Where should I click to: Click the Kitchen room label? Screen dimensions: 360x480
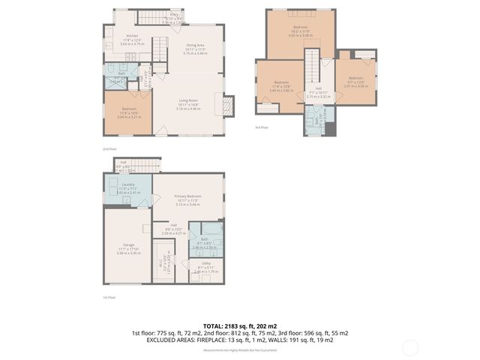pyautogui.click(x=131, y=36)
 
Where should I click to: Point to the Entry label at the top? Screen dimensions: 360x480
pyautogui.click(x=174, y=14)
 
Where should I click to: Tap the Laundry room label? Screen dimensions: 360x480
pyautogui.click(x=128, y=184)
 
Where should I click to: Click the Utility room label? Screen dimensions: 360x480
pyautogui.click(x=205, y=263)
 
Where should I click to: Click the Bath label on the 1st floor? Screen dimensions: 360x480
pyautogui.click(x=204, y=239)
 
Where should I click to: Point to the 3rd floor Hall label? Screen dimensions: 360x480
pyautogui.click(x=318, y=88)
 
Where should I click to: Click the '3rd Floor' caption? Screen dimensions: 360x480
pyautogui.click(x=262, y=127)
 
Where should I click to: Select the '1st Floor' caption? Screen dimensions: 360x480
pyautogui.click(x=109, y=298)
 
